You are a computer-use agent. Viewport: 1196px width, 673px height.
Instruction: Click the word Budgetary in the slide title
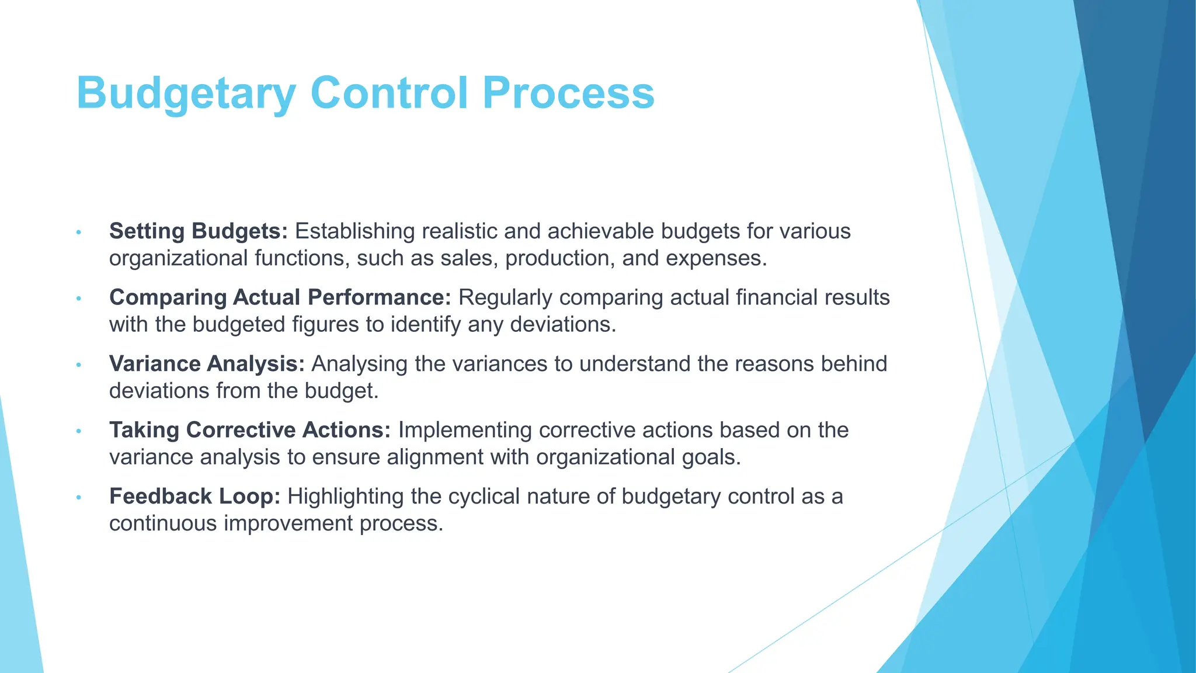click(x=186, y=93)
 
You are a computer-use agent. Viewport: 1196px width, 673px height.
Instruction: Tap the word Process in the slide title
click(x=568, y=93)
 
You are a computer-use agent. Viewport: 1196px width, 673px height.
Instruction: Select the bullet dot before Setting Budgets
click(x=78, y=233)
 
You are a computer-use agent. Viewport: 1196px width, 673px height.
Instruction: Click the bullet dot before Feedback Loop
click(x=78, y=498)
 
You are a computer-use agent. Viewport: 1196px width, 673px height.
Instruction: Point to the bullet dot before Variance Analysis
click(x=78, y=365)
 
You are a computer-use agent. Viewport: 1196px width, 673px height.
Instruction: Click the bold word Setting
click(x=147, y=231)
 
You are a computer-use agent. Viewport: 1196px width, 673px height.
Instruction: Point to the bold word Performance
click(x=380, y=297)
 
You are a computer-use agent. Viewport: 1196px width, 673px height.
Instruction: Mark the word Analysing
click(x=359, y=364)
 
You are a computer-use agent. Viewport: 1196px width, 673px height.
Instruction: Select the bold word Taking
click(x=144, y=430)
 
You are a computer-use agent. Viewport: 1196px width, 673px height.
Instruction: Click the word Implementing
click(x=465, y=430)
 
